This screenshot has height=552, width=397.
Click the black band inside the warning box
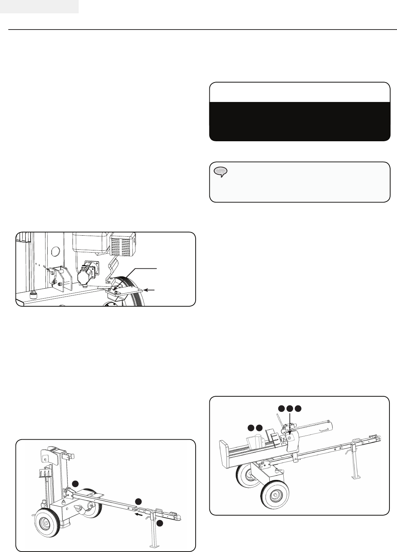(x=300, y=120)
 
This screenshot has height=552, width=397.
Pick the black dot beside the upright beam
(x=75, y=484)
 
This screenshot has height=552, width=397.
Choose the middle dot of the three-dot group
(x=289, y=409)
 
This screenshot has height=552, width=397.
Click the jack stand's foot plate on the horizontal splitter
(x=357, y=478)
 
